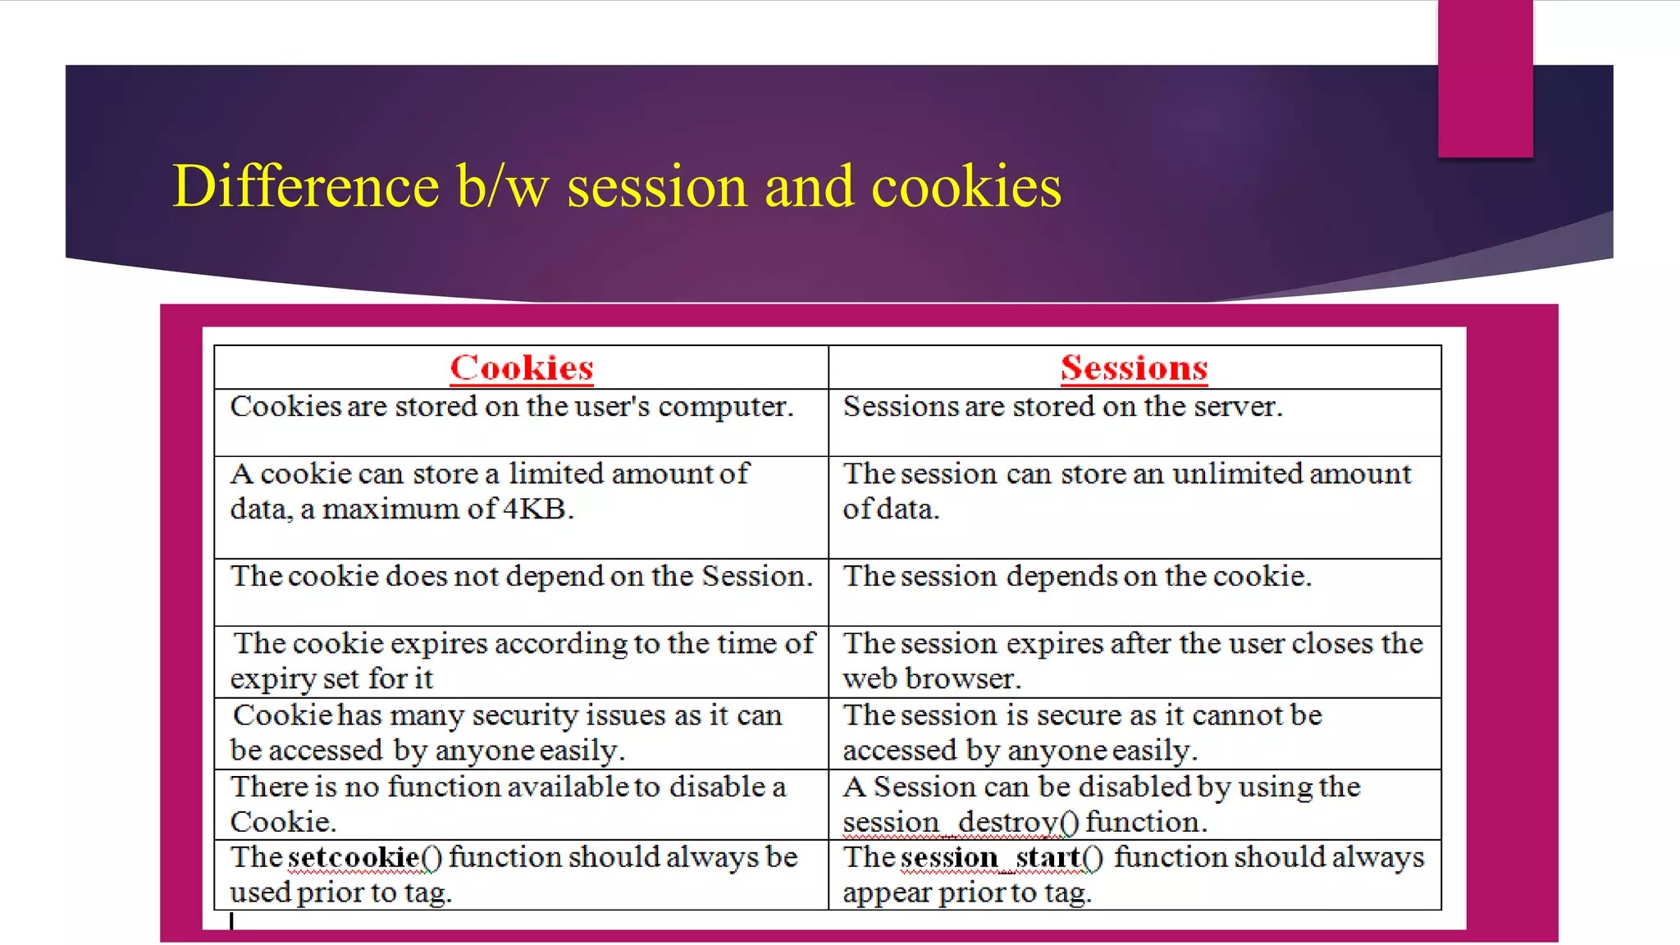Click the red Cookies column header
pos(522,367)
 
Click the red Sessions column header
pos(1134,367)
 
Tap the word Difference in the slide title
pos(305,186)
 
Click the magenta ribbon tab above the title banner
pos(1485,79)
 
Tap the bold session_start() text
pos(1001,857)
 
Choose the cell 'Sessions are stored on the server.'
pos(1062,407)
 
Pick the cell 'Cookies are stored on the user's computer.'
pos(512,407)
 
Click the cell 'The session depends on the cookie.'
pos(1077,577)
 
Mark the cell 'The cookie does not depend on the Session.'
pos(522,577)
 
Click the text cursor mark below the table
pos(232,921)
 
